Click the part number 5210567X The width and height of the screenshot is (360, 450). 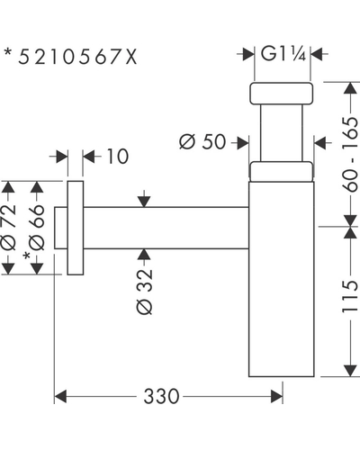point(77,57)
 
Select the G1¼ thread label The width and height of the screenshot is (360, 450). point(283,53)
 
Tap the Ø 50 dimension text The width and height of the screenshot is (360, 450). point(202,141)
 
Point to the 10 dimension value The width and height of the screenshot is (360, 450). point(118,156)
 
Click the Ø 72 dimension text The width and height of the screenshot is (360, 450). point(8,227)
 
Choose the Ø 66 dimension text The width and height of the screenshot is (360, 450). point(37,228)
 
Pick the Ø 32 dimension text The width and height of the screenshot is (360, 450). point(144,292)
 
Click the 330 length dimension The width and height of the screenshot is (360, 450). point(161,396)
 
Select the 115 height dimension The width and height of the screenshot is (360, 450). point(350,296)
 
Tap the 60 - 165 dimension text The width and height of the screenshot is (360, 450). point(350,154)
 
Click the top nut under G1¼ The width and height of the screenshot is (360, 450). point(282,94)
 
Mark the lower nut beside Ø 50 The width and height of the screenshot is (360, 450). point(282,171)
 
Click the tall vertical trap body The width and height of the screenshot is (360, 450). point(282,279)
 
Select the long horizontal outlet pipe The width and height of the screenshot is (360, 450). point(166,228)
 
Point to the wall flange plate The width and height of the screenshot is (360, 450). point(76,228)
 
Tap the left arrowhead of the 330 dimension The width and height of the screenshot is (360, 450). point(60,396)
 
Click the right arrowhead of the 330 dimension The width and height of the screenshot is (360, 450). point(276,396)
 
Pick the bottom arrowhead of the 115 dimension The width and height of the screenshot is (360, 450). point(350,371)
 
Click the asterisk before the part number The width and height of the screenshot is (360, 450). point(8,52)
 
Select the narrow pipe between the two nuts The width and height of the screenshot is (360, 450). point(282,133)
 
